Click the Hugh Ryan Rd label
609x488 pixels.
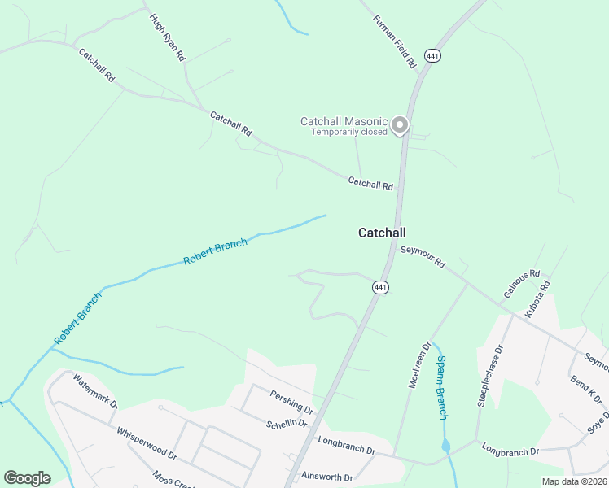coord(169,37)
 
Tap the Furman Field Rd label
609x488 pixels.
coord(395,41)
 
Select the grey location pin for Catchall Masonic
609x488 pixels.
coord(399,125)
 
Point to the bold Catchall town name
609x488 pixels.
coord(382,233)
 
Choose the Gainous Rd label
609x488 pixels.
coord(522,283)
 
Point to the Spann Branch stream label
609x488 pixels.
coord(441,388)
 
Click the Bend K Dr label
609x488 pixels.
coord(586,390)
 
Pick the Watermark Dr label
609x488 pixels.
coord(95,390)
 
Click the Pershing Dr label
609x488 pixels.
coord(291,400)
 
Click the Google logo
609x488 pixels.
coord(27,478)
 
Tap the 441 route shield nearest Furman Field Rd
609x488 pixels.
coord(432,56)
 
